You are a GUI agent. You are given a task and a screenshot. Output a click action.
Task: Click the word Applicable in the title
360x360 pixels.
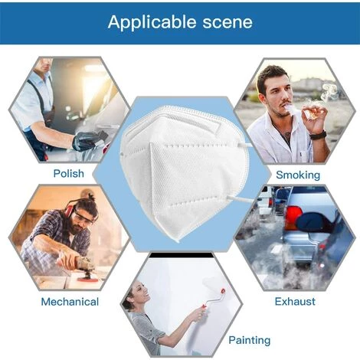[152, 22]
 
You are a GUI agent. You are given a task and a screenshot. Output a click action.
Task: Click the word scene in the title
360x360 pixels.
[227, 22]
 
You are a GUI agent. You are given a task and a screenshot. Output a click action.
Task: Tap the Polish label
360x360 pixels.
[69, 174]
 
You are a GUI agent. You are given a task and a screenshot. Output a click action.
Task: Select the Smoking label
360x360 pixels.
[298, 175]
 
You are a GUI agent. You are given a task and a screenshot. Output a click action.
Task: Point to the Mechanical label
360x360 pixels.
[70, 302]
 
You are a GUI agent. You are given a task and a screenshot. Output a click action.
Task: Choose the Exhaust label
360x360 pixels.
[295, 302]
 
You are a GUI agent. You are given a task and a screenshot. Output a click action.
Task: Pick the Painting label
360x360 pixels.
[250, 340]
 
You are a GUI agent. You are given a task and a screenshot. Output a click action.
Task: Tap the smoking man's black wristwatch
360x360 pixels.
[319, 135]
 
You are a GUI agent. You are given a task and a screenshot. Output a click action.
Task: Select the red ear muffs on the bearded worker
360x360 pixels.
[70, 208]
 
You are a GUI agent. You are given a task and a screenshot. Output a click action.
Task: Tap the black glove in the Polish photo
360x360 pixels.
[86, 141]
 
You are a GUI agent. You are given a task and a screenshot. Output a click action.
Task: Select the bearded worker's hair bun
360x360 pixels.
[90, 197]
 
